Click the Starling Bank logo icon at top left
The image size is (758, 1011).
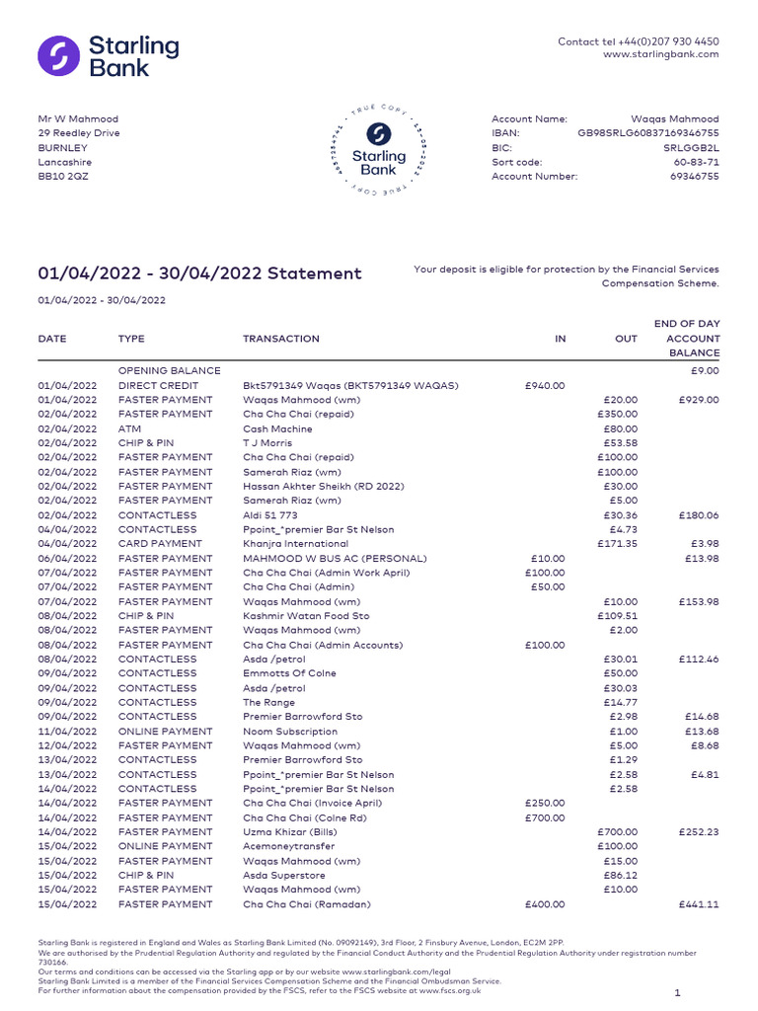click(58, 56)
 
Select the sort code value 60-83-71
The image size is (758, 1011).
click(697, 162)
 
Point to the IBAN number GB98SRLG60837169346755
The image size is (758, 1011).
click(648, 133)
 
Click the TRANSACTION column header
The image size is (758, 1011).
click(281, 339)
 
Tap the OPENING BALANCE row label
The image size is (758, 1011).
click(169, 371)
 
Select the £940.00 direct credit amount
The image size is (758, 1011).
click(546, 386)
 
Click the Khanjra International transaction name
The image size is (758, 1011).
click(296, 544)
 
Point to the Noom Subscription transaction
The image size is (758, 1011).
click(289, 732)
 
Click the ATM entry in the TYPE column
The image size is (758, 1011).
click(129, 429)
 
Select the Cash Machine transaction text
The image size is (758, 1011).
click(277, 429)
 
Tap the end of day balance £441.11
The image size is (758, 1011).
click(699, 904)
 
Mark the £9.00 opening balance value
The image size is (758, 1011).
click(707, 371)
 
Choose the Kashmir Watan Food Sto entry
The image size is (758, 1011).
click(306, 616)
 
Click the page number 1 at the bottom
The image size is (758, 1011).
click(677, 992)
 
